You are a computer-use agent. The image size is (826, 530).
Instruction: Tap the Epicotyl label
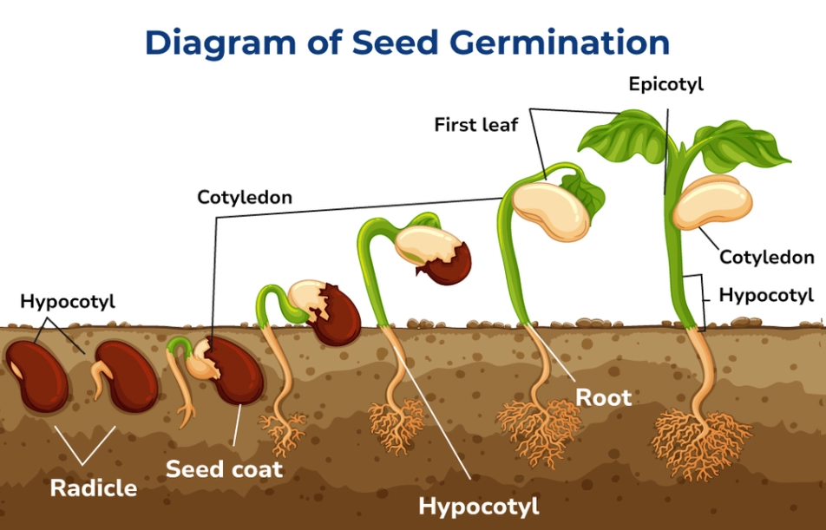[665, 84]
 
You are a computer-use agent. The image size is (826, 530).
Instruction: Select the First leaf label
[475, 125]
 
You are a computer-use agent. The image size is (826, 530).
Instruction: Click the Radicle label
[93, 487]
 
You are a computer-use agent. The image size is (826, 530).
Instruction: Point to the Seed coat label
[224, 469]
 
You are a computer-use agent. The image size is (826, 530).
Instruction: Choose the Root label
[604, 397]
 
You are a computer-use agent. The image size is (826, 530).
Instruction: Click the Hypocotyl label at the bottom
[478, 506]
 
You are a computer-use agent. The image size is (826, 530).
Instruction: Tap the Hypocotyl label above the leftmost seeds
[68, 302]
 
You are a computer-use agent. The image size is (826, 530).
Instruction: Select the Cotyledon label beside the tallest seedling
[766, 257]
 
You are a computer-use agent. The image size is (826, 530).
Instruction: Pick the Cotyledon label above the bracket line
[245, 198]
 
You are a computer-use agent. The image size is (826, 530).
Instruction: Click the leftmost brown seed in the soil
[36, 376]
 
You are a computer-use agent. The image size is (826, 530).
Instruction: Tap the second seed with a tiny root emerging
[125, 376]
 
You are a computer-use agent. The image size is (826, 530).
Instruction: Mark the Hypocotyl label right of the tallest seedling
[766, 295]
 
